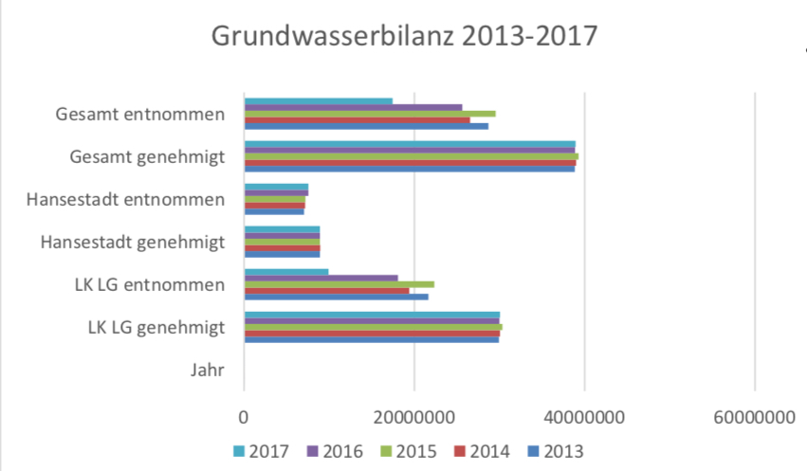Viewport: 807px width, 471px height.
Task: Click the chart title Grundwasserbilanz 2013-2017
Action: click(405, 36)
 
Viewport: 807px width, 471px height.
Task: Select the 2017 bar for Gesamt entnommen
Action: click(319, 101)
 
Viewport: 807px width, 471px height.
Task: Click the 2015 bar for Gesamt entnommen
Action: click(370, 114)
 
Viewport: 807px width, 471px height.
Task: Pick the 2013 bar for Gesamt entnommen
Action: click(366, 126)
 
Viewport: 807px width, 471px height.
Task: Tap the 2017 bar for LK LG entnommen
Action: click(286, 272)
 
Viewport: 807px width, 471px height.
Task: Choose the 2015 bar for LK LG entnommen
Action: click(339, 284)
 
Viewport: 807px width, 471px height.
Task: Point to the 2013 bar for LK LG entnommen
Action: click(337, 297)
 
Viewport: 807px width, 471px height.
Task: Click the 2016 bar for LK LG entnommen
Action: click(321, 278)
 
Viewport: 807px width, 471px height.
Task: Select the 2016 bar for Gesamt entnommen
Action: click(354, 107)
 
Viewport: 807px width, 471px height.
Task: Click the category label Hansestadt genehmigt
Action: click(133, 243)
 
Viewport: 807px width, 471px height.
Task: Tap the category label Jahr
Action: click(207, 371)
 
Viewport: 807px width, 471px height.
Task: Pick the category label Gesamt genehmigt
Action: click(148, 157)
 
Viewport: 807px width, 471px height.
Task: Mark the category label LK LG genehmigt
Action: click(156, 328)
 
